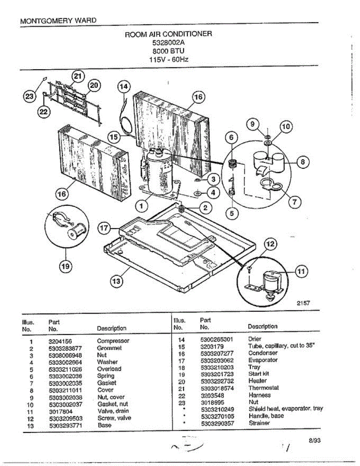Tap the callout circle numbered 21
[78, 76]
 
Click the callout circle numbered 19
[65, 266]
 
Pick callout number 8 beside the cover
[303, 163]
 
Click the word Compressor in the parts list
[113, 341]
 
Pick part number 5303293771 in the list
[66, 425]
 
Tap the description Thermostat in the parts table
[264, 388]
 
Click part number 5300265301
[217, 339]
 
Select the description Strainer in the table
[259, 423]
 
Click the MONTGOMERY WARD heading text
[58, 21]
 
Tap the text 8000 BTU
[168, 51]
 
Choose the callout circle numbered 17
[104, 229]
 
